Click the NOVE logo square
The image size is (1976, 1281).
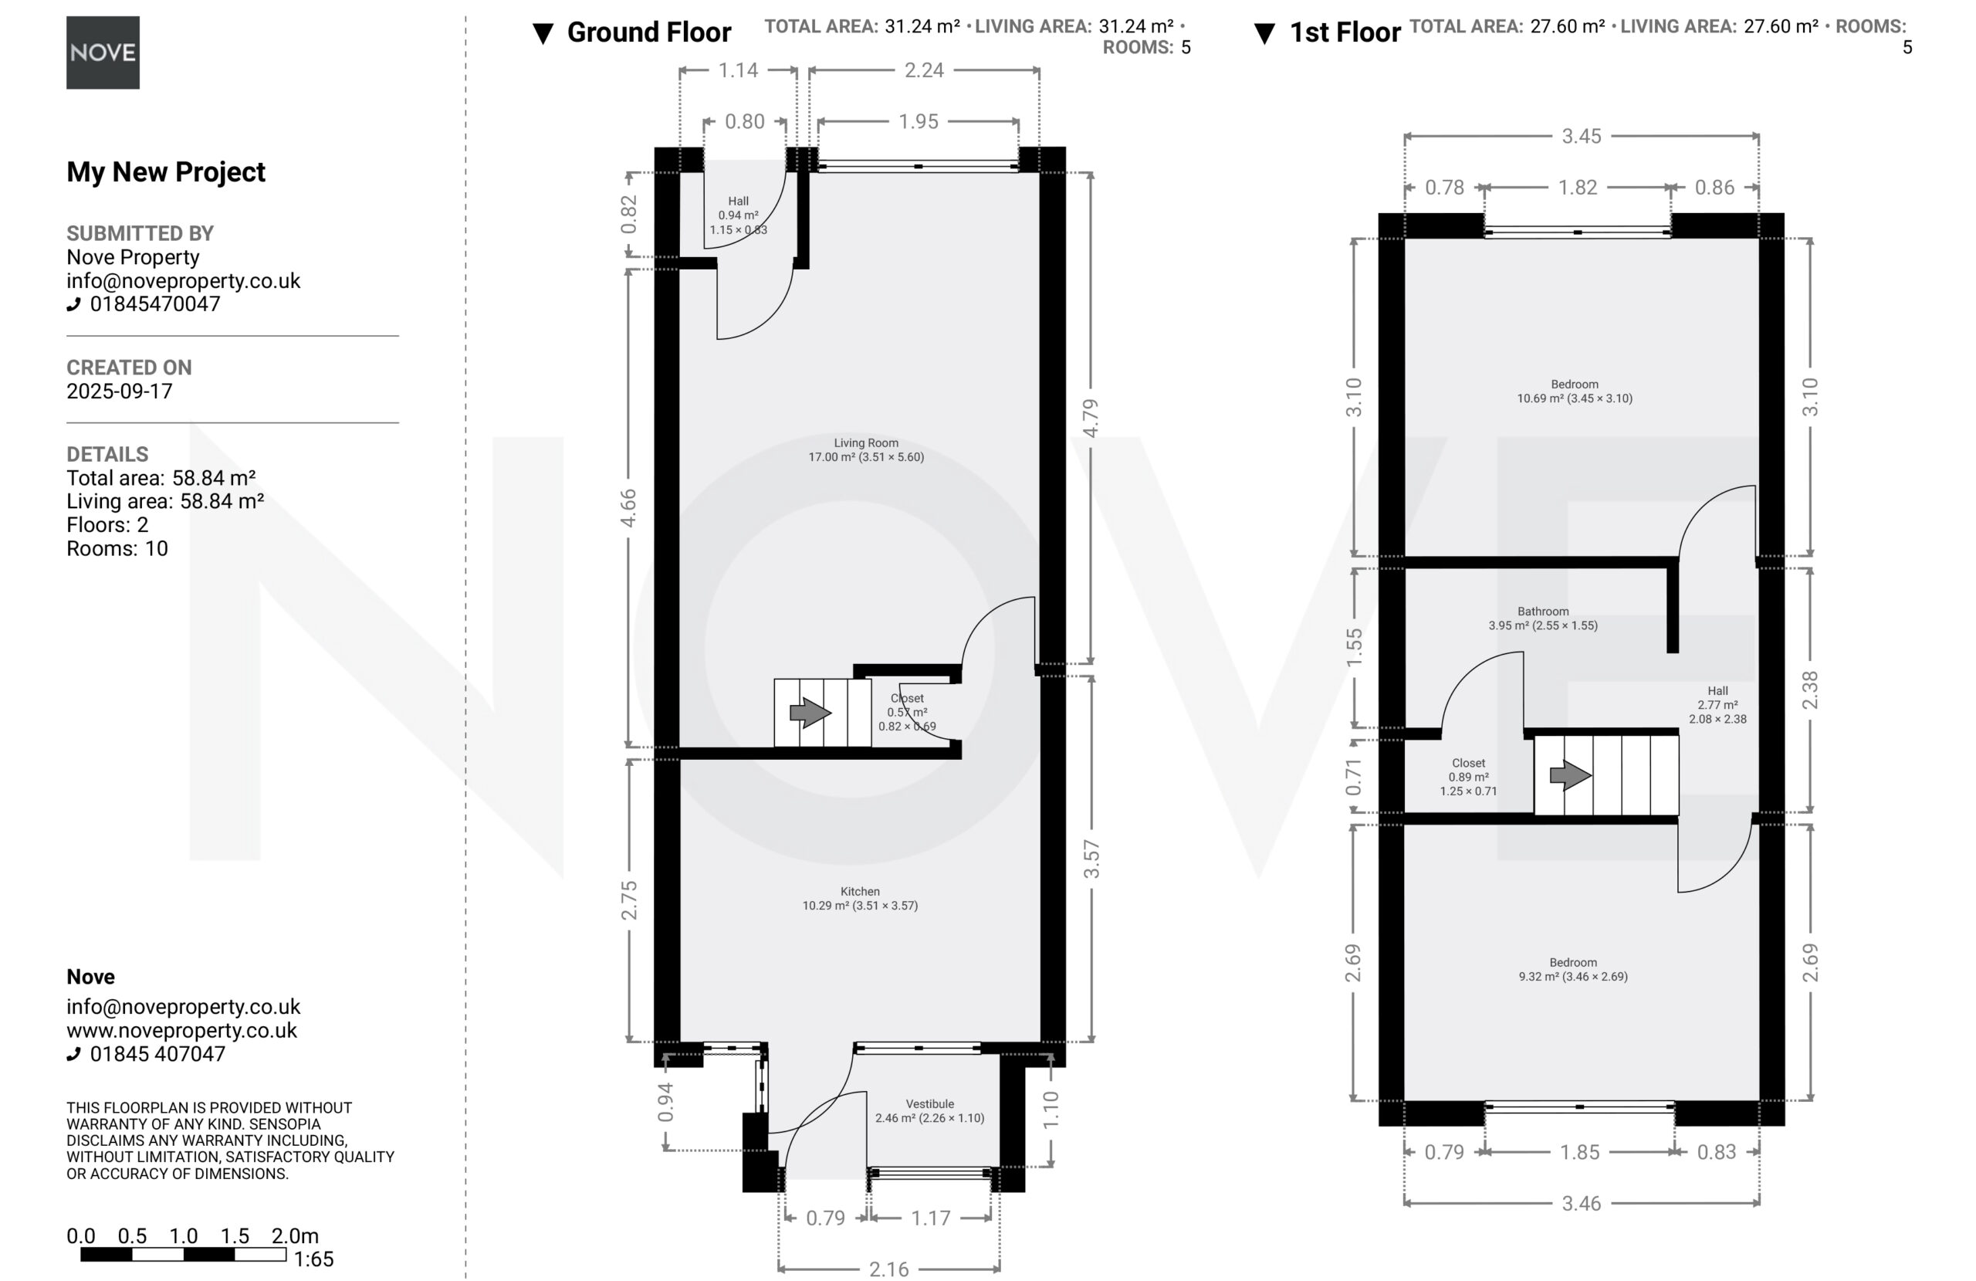tap(103, 53)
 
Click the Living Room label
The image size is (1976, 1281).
tap(866, 442)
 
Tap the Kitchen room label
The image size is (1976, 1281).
tap(860, 891)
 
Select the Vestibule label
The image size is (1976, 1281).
tap(930, 1104)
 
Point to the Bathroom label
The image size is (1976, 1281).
tap(1544, 612)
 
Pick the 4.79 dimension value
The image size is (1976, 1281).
tap(1091, 418)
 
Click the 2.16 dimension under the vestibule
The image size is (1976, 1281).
tap(888, 1269)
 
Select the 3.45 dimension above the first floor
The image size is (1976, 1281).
tap(1582, 136)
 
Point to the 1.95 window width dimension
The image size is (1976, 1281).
tap(919, 121)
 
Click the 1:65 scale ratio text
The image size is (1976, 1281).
tap(314, 1259)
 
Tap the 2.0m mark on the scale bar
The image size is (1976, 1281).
tap(295, 1236)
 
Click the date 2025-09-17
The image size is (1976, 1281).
tap(120, 391)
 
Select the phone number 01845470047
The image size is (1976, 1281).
tap(155, 304)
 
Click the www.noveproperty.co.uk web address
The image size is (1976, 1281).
tap(182, 1031)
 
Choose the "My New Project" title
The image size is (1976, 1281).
tap(166, 172)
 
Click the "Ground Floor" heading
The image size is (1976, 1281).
tap(648, 32)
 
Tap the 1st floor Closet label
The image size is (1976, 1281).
tap(1469, 763)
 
